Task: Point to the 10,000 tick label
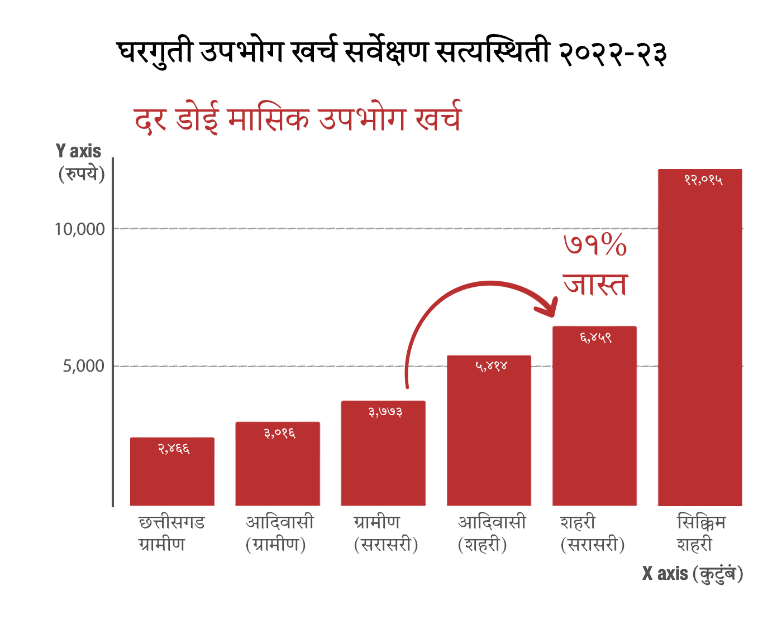click(x=79, y=229)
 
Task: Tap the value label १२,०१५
click(x=703, y=180)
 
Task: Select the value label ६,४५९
click(x=595, y=338)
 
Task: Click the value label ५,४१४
click(x=491, y=367)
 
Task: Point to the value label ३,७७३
click(x=385, y=412)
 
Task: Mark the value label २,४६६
click(x=174, y=449)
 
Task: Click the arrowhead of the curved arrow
click(x=550, y=309)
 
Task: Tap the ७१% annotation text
click(x=595, y=246)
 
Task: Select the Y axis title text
click(x=79, y=151)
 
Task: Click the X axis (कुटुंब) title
click(x=692, y=574)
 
